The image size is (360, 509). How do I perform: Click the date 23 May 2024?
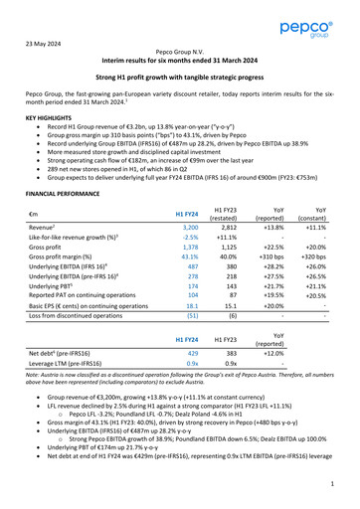(47, 43)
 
